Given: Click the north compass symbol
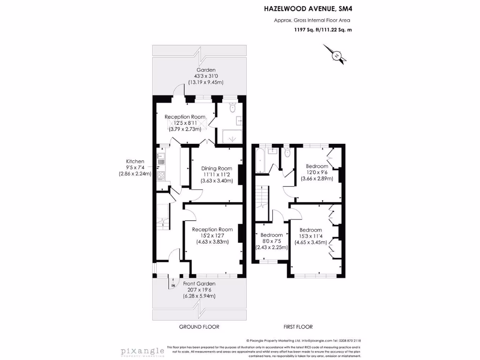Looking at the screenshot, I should (x=336, y=55).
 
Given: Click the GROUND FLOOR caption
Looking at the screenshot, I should (x=199, y=327).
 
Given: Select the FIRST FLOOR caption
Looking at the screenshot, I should (x=298, y=327).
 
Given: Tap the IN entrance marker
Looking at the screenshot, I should (x=172, y=285).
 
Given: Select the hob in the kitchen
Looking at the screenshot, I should (x=160, y=176).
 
